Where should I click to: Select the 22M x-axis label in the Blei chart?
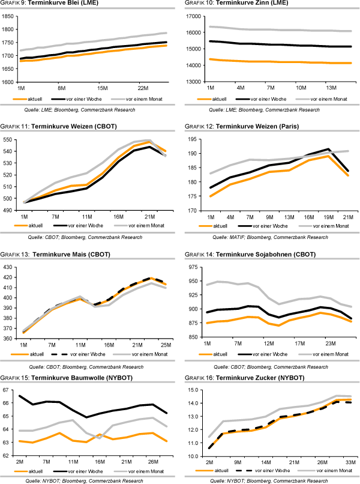(142, 87)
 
